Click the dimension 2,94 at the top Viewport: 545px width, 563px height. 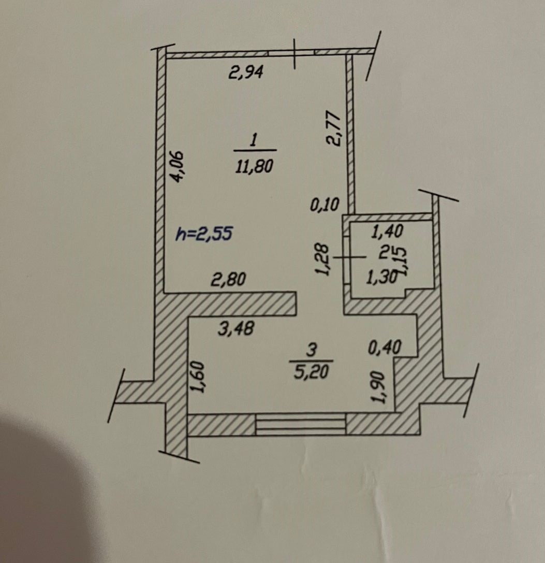click(x=246, y=73)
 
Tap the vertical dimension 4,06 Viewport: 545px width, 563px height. click(x=177, y=166)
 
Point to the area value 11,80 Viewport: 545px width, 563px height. click(x=254, y=166)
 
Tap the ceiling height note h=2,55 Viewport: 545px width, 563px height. click(x=204, y=234)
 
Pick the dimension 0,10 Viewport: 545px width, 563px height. click(x=325, y=206)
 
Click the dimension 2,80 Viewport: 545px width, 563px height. click(x=228, y=280)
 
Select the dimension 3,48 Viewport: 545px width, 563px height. click(x=236, y=328)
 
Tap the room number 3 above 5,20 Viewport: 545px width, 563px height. click(x=312, y=350)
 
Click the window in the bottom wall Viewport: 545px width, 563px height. click(x=301, y=424)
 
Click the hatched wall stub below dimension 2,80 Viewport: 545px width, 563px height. click(x=243, y=304)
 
